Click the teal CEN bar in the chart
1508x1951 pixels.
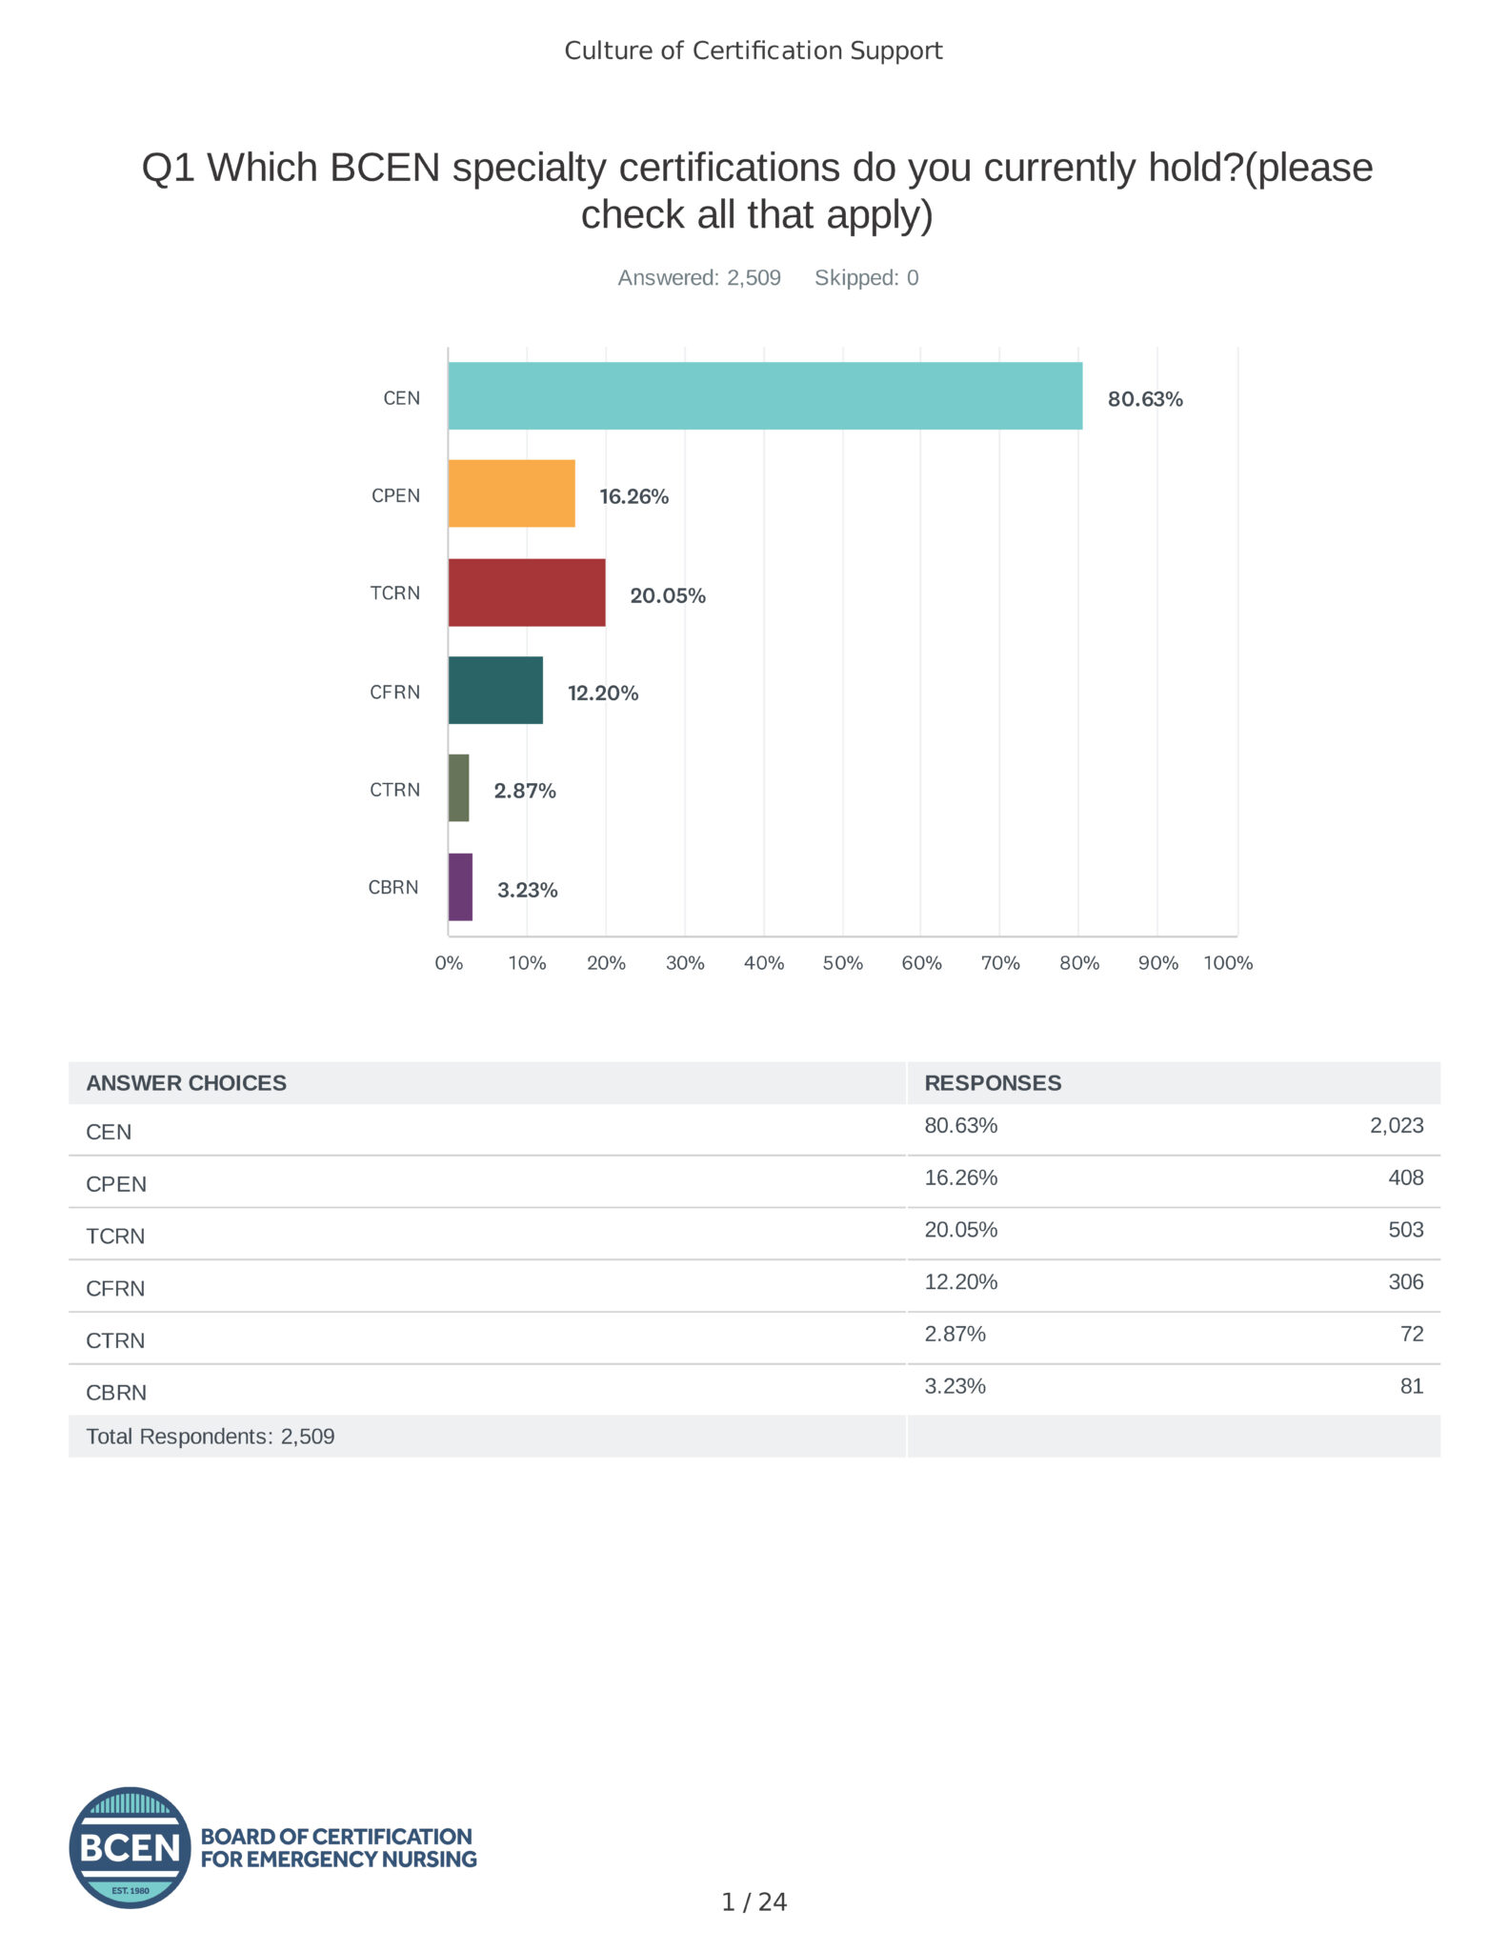[x=765, y=395]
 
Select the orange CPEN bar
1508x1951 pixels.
[x=512, y=493]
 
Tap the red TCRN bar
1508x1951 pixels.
[x=527, y=593]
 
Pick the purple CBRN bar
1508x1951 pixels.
[x=460, y=887]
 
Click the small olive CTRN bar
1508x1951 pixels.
[x=458, y=788]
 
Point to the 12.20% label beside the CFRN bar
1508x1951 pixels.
[x=603, y=694]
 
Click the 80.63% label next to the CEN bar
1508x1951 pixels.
[x=1145, y=399]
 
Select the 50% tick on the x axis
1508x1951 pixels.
[x=843, y=963]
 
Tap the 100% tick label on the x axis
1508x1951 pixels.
[x=1228, y=963]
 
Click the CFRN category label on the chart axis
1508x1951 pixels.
[x=394, y=693]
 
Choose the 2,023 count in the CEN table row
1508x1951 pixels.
[x=1397, y=1126]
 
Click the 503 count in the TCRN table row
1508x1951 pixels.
[x=1405, y=1230]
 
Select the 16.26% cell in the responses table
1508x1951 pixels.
[x=960, y=1178]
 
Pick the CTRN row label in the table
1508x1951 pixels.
[x=115, y=1341]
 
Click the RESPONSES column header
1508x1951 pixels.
[x=993, y=1083]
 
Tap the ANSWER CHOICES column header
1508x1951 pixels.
[x=186, y=1083]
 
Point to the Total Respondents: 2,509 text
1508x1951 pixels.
[x=211, y=1437]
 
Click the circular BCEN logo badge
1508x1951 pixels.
[x=130, y=1847]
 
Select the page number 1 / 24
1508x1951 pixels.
[x=754, y=1902]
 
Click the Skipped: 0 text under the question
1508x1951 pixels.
[x=866, y=278]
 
